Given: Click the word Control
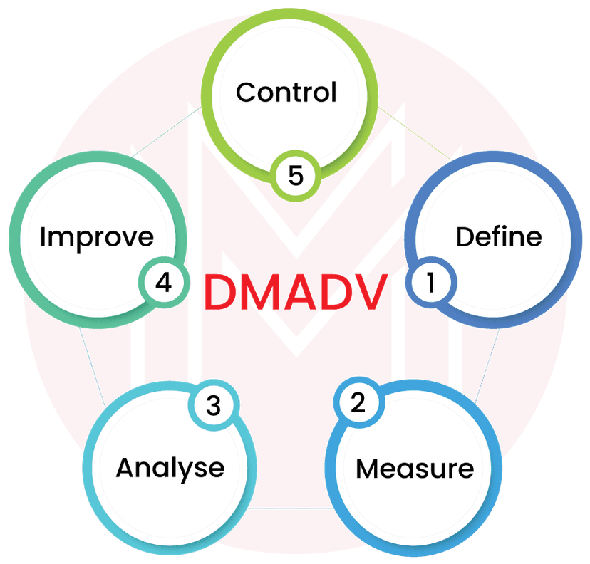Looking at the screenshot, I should click(286, 93).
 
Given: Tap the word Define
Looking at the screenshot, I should click(498, 236).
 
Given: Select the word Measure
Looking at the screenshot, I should click(414, 469).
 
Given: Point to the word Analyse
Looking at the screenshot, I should click(170, 468).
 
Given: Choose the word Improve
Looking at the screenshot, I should click(96, 237).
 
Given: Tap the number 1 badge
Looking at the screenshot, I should click(430, 283).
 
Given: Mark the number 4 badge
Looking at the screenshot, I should click(164, 283).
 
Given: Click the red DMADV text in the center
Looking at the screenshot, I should click(298, 291).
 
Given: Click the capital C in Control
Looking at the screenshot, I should click(247, 93).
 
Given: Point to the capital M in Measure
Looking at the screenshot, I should click(369, 469).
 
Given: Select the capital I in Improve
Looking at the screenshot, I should click(43, 237).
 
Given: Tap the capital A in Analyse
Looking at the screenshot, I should click(126, 468).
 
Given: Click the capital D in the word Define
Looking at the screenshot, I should click(465, 236).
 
